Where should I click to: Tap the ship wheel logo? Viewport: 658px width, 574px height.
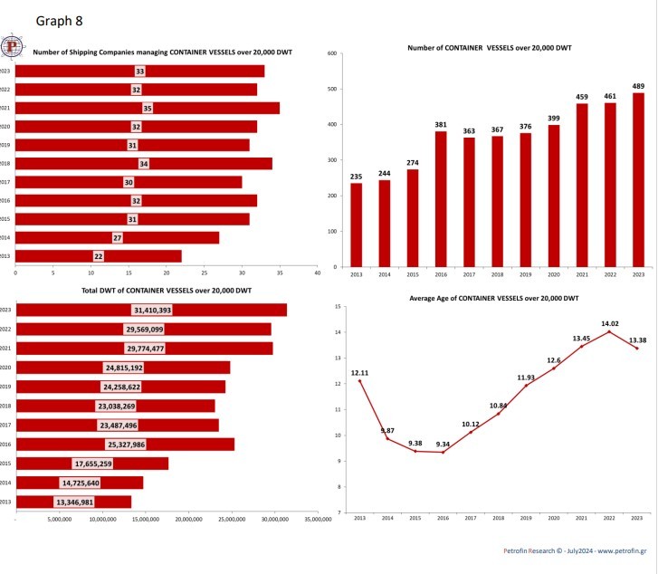[13, 47]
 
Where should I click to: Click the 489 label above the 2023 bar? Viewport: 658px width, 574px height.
[638, 86]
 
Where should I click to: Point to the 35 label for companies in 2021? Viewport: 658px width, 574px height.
[147, 108]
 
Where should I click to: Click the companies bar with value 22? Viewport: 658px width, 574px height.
[99, 256]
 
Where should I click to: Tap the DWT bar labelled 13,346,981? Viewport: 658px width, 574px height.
[73, 502]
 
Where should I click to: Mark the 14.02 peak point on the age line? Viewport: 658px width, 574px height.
[609, 331]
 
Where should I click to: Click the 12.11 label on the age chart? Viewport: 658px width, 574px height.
[359, 371]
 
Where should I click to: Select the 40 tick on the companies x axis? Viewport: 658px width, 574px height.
[317, 272]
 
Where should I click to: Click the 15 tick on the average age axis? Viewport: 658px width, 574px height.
[336, 307]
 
